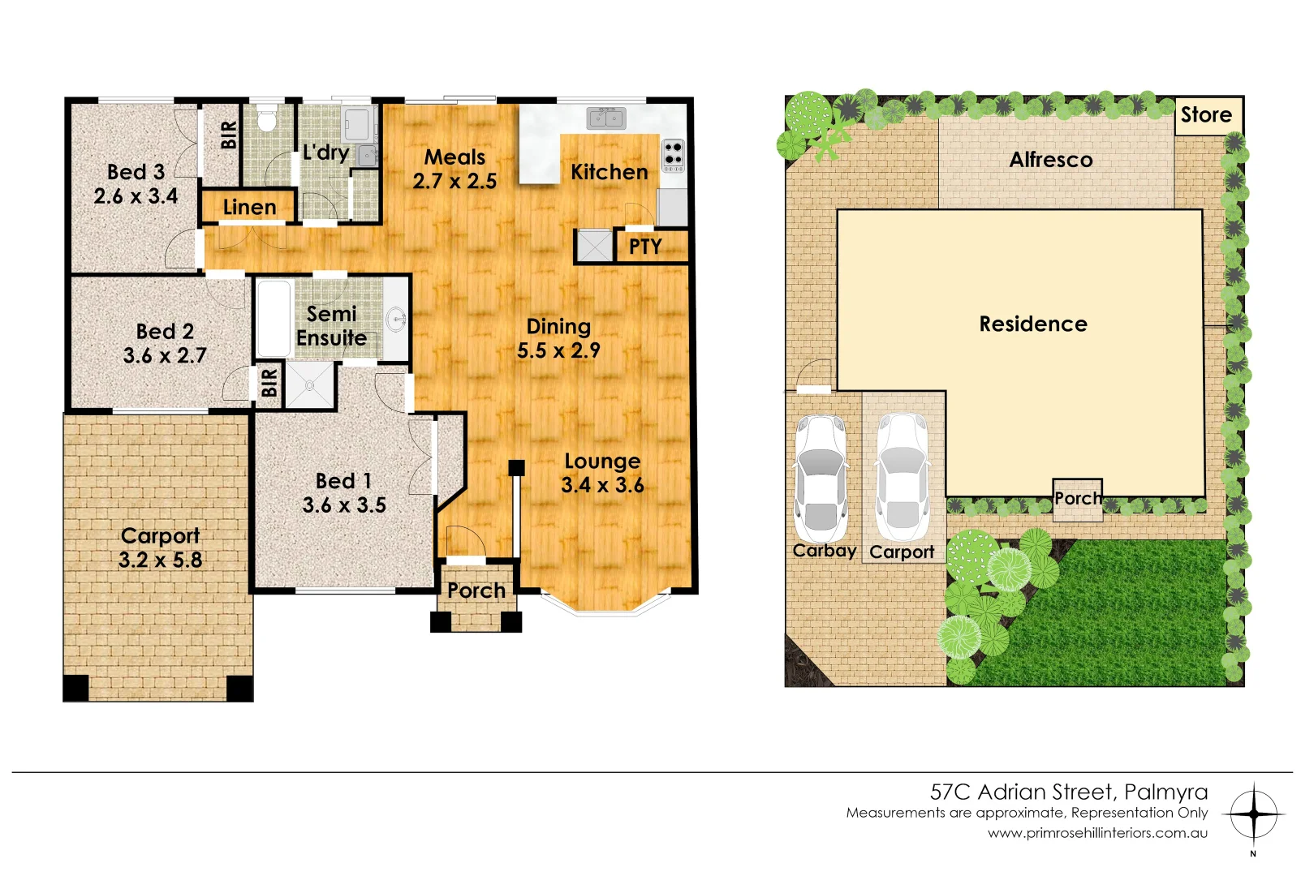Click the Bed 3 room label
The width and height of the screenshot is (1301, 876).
(136, 172)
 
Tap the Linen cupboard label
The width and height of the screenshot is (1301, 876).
(249, 208)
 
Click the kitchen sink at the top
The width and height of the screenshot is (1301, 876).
(606, 118)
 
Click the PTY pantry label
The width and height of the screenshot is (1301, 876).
(645, 247)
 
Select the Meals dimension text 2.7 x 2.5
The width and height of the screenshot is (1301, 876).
(454, 181)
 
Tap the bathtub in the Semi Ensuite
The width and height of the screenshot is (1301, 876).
(274, 318)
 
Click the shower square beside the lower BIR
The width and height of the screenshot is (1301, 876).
(309, 385)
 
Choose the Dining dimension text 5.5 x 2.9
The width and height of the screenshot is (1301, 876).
(558, 350)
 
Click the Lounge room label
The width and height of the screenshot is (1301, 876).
(602, 462)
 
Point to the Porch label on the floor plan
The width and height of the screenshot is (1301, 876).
(476, 590)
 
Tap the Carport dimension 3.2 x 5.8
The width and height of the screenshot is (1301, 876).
(160, 560)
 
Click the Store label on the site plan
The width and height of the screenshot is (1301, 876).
(1206, 115)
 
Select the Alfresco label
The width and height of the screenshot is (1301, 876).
(1051, 160)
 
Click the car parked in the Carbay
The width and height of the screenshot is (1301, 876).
(821, 479)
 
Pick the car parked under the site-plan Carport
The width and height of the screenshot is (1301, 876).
(902, 477)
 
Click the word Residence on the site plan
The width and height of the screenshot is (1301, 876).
(1033, 324)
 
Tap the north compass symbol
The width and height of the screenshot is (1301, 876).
(1254, 814)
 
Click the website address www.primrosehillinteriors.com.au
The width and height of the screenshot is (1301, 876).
(1097, 833)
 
